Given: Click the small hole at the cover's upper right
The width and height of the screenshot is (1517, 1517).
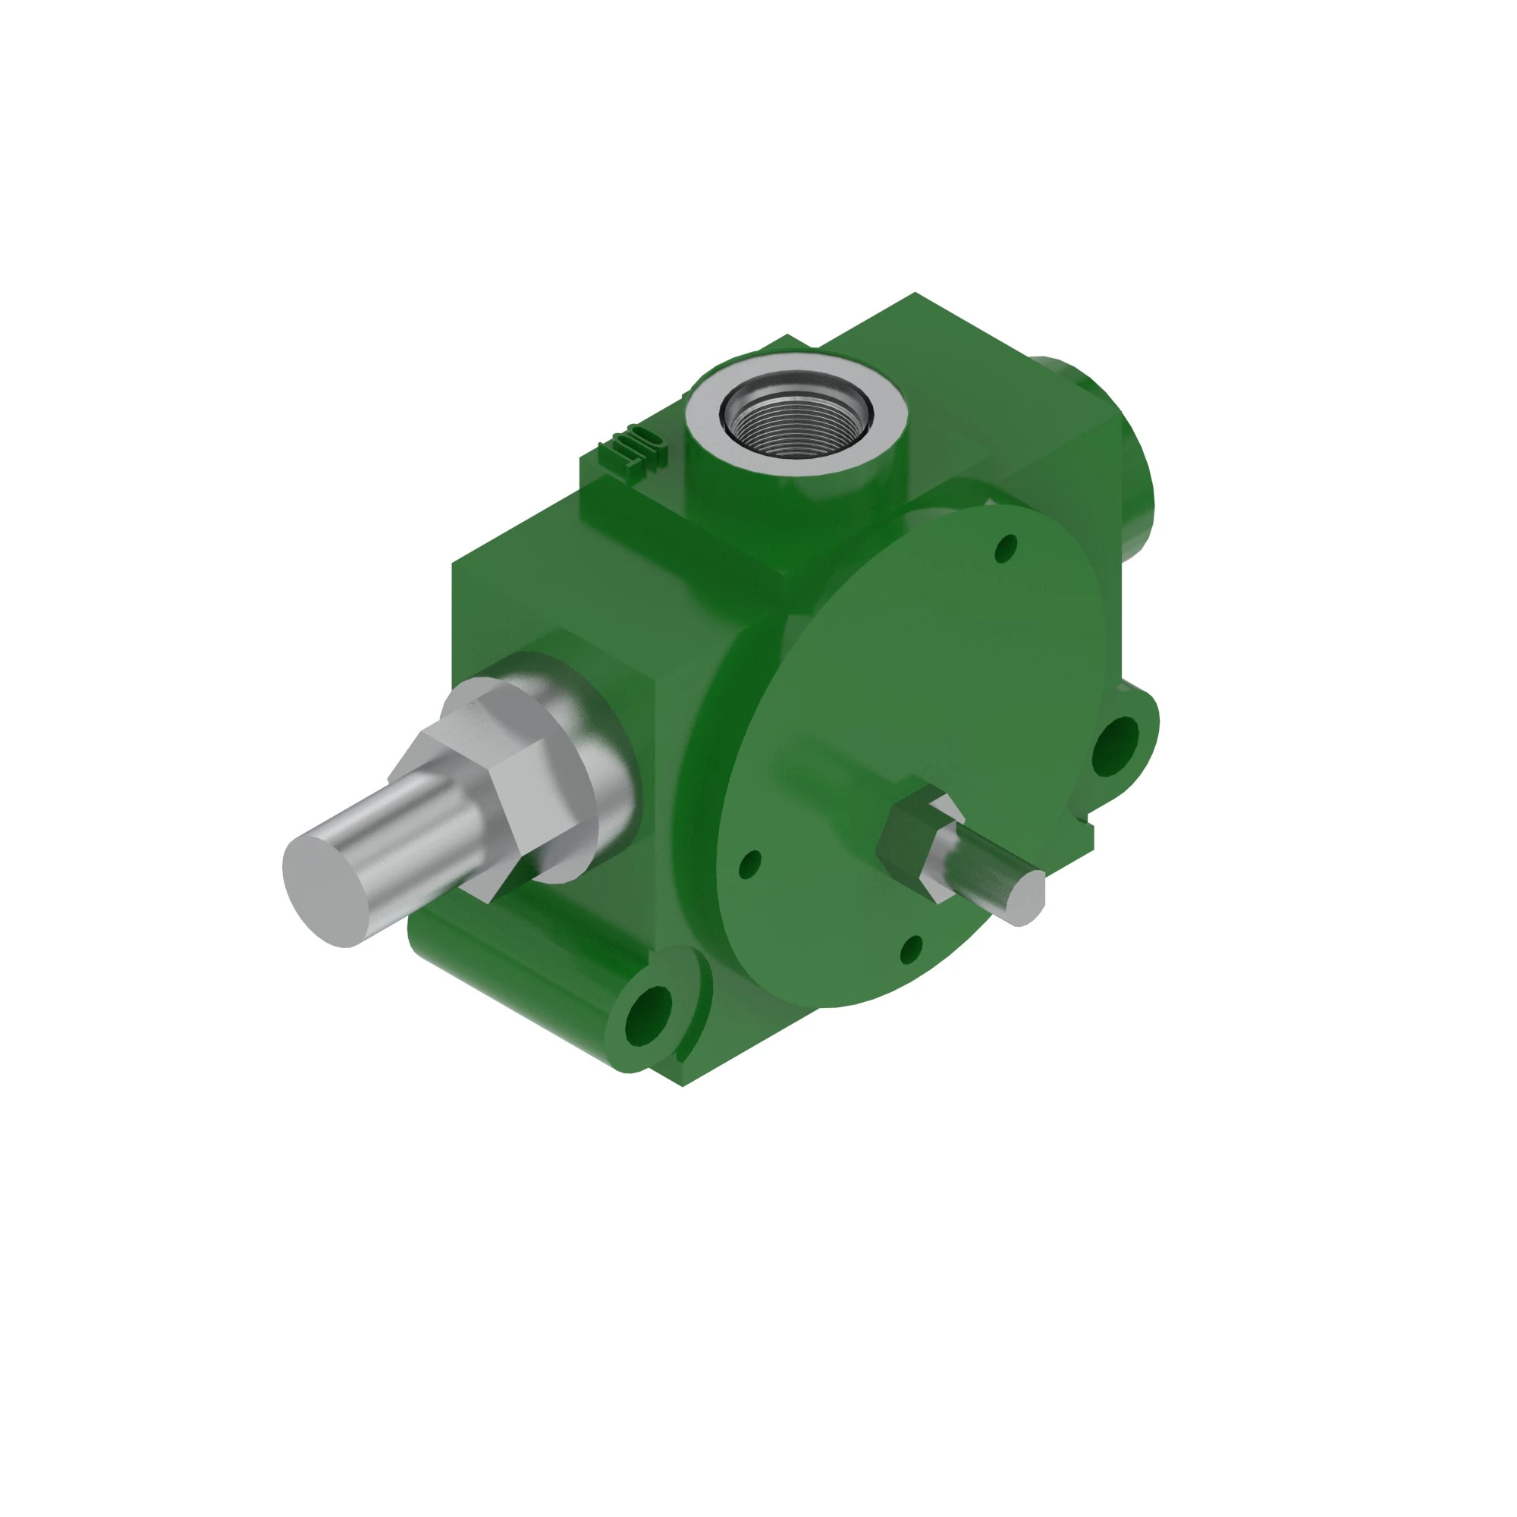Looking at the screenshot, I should (1005, 548).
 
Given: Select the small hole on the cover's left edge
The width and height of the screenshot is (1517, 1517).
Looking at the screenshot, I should (751, 864).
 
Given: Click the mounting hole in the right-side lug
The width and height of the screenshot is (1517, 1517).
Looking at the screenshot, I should (1116, 746).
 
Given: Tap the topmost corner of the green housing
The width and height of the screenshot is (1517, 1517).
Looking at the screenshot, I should (915, 294).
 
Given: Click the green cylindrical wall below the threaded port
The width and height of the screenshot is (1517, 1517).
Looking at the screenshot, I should (793, 503).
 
